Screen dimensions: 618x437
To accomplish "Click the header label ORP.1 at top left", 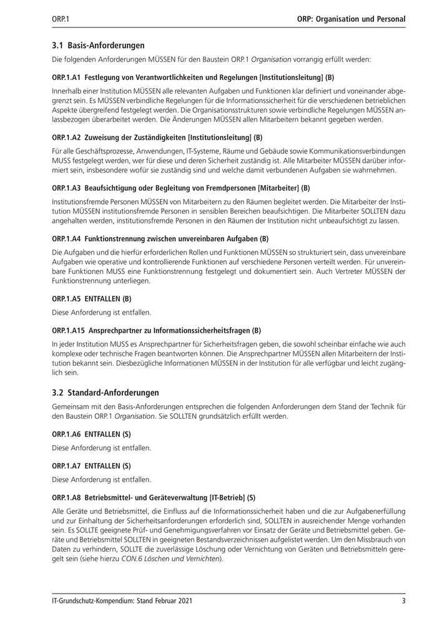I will click(60, 19).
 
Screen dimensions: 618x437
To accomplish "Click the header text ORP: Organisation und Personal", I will click(352, 19).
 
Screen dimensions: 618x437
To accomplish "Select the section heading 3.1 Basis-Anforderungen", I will click(98, 45).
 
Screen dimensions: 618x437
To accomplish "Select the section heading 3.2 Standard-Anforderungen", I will click(105, 393).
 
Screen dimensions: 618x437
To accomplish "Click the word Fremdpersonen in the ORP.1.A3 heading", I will click(223, 187).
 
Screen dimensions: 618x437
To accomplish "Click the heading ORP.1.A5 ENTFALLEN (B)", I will click(91, 298).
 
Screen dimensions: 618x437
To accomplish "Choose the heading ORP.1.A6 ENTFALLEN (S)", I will click(91, 433).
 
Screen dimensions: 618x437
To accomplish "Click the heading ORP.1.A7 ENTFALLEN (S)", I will click(91, 465).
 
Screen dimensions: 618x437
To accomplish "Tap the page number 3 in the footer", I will click(403, 601).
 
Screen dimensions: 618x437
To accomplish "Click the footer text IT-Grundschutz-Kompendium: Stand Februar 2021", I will click(122, 601).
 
